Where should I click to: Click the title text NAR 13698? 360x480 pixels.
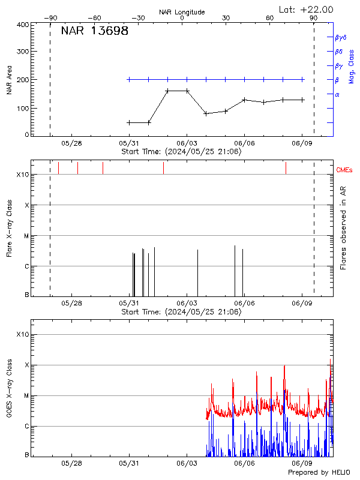(94, 31)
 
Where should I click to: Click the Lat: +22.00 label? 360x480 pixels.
(307, 9)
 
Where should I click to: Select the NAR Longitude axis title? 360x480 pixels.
(182, 11)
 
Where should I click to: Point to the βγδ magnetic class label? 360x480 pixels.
(341, 37)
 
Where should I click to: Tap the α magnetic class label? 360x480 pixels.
(337, 94)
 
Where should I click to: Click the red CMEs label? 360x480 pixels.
(346, 170)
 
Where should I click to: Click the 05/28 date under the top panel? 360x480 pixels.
(71, 144)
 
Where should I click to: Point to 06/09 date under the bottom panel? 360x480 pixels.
(302, 464)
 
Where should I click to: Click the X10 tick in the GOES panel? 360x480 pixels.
(22, 334)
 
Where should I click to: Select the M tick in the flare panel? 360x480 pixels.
(26, 236)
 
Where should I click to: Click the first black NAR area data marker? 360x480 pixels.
(129, 122)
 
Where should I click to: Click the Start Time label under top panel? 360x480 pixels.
(181, 152)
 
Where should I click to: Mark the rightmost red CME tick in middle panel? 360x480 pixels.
(286, 168)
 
